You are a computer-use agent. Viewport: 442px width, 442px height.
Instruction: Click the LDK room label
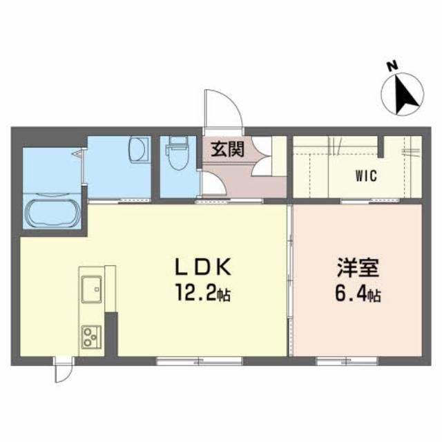pyautogui.click(x=203, y=267)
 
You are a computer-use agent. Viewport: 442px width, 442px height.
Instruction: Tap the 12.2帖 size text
pyautogui.click(x=203, y=293)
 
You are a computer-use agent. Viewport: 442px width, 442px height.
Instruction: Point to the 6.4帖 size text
pyautogui.click(x=358, y=294)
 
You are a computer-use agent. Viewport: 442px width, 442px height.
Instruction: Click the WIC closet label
pyautogui.click(x=366, y=176)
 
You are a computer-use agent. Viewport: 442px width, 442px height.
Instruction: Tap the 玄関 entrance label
pyautogui.click(x=228, y=149)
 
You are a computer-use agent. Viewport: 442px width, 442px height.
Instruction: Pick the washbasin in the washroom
pyautogui.click(x=140, y=149)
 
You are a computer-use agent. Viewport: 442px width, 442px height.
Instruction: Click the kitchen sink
pyautogui.click(x=92, y=289)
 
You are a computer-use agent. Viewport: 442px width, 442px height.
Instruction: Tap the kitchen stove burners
pyautogui.click(x=92, y=336)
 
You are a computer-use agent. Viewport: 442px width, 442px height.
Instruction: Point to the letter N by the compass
pyautogui.click(x=392, y=66)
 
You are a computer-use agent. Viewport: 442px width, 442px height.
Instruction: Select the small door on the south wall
pyautogui.click(x=64, y=370)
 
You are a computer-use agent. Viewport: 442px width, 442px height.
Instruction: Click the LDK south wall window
pyautogui.click(x=200, y=361)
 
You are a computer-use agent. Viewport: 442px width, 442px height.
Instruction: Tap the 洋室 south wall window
pyautogui.click(x=347, y=361)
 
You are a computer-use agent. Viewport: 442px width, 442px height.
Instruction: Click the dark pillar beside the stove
pyautogui.click(x=110, y=334)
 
